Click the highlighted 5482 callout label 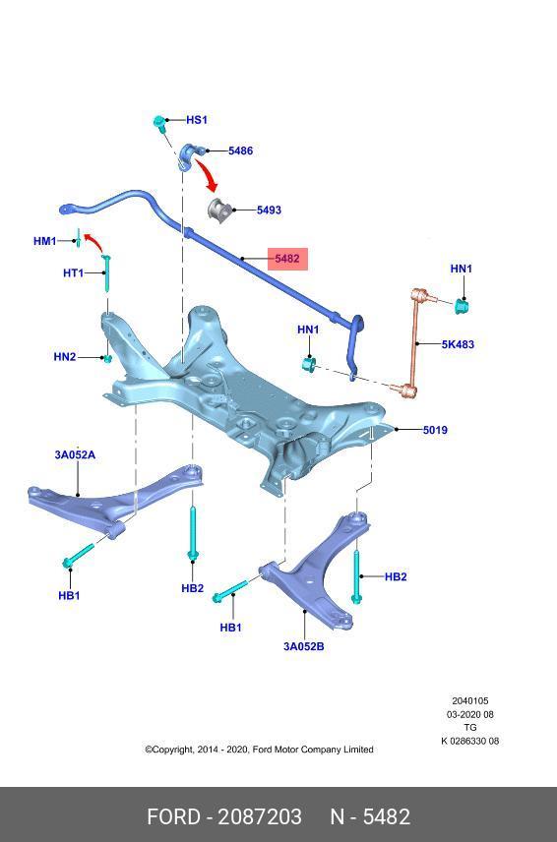(287, 259)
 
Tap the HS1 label (197, 120)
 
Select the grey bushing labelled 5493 (218, 209)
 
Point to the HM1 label (44, 241)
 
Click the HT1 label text (74, 272)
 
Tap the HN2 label (64, 356)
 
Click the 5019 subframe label (435, 430)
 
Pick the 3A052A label (75, 454)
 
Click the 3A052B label (304, 646)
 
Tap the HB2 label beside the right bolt (396, 576)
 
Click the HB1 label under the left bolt (69, 595)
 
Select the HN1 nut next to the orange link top (462, 306)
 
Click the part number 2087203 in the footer (260, 816)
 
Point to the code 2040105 (470, 700)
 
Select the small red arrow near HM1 (94, 242)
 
